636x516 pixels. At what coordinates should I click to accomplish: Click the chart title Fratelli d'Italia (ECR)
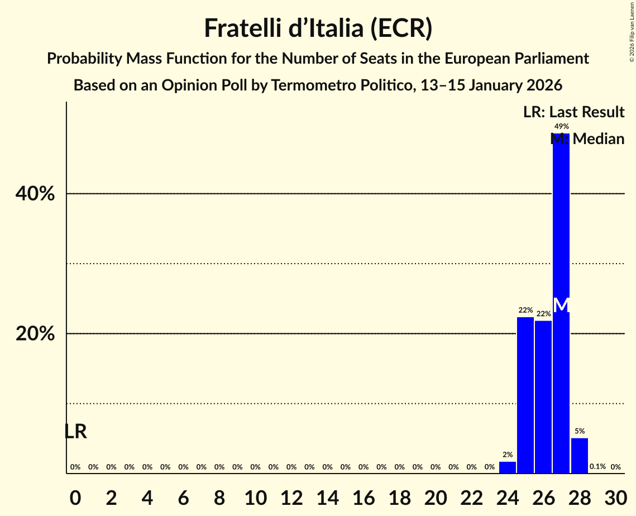tap(318, 28)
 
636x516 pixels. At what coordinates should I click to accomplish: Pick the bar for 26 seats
tap(543, 397)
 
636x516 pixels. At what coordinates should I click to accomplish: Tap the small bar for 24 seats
tap(508, 467)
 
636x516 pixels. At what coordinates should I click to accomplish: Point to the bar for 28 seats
tap(580, 456)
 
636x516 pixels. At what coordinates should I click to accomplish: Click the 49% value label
tap(561, 127)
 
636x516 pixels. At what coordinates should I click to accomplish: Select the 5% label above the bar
tap(580, 431)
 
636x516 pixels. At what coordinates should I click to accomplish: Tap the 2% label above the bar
tap(508, 455)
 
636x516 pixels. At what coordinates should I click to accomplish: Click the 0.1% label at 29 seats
tap(597, 467)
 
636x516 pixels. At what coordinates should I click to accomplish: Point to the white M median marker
tap(561, 305)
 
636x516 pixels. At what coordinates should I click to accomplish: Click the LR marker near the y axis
tap(75, 432)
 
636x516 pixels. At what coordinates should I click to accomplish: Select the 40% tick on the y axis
tap(35, 194)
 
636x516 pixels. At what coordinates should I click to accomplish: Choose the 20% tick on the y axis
tap(35, 334)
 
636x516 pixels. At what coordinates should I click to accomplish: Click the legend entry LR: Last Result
tap(573, 112)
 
